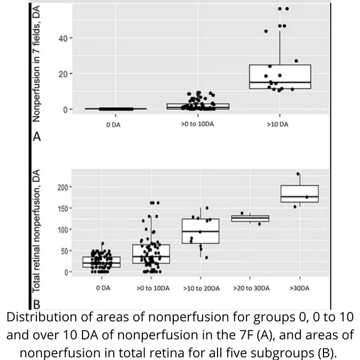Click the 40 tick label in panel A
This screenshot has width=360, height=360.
[x=63, y=38]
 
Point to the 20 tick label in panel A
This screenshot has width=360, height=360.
[x=63, y=74]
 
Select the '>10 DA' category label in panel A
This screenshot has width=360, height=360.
[x=277, y=124]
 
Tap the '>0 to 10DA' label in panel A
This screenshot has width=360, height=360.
[x=197, y=124]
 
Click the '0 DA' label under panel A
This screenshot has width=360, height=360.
[x=113, y=124]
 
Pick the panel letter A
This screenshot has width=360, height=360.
[x=37, y=137]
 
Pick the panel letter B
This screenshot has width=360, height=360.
[x=37, y=304]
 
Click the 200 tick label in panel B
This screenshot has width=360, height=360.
[x=62, y=187]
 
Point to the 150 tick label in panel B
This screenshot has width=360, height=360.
[x=62, y=209]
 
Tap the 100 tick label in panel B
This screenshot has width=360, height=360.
[x=62, y=230]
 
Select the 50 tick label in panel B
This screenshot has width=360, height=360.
[x=65, y=251]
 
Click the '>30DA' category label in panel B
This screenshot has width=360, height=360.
[x=300, y=288]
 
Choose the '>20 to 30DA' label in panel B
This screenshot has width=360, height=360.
[x=251, y=288]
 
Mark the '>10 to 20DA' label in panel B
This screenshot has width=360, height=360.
[x=201, y=289]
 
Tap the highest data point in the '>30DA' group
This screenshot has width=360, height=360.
[x=298, y=174]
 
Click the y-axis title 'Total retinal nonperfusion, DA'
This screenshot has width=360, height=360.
[x=37, y=231]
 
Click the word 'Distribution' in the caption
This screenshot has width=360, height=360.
[x=41, y=318]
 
